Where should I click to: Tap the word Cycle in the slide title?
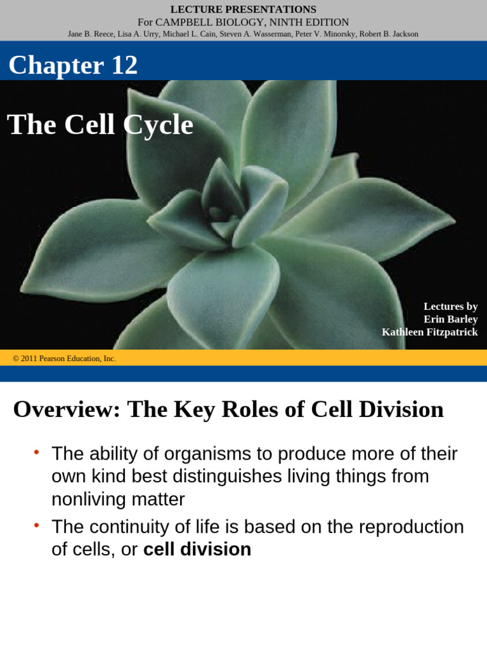158,124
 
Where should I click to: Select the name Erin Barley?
451,319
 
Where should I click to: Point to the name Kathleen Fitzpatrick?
430,332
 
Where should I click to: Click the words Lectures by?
451,307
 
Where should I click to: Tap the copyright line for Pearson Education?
64,359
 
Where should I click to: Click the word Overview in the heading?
66,409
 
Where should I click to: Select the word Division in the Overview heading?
401,409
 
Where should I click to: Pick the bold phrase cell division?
197,549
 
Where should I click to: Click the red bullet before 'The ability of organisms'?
37,452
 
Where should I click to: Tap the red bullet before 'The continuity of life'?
37,525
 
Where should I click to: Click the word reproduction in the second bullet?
412,527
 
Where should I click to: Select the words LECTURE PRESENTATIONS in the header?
243,10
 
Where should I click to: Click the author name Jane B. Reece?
91,34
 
